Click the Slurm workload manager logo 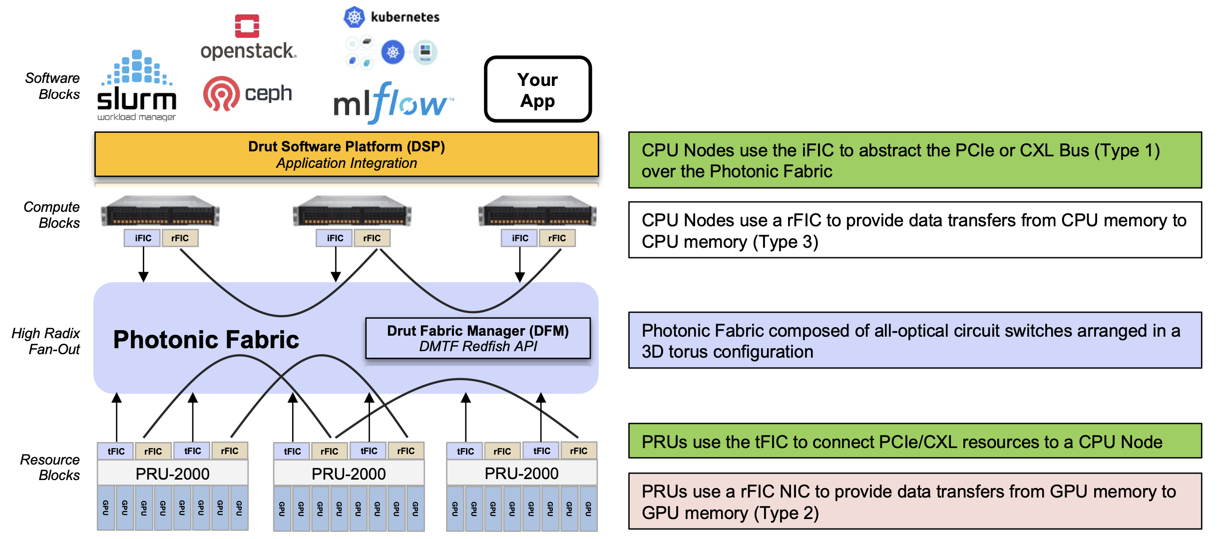(x=136, y=86)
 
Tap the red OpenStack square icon (x=247, y=26)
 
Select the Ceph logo (x=248, y=93)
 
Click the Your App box (x=538, y=89)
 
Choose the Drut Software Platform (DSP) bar (x=347, y=154)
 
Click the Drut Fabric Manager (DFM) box (x=478, y=338)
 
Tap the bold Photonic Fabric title (x=206, y=340)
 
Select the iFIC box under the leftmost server (x=143, y=238)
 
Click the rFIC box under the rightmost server (x=557, y=238)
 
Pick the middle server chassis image (x=352, y=211)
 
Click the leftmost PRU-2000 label (x=172, y=474)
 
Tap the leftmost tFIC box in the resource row (x=116, y=451)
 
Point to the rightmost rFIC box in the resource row (x=578, y=451)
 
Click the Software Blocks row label (x=52, y=86)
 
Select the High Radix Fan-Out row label (x=46, y=341)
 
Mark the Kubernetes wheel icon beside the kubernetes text (x=354, y=17)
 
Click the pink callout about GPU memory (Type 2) (x=914, y=502)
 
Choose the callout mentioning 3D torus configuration (x=914, y=341)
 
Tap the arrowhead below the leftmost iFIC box (x=143, y=277)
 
